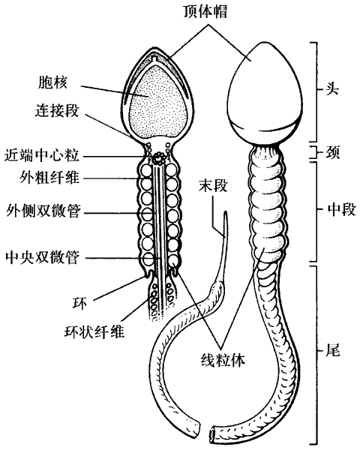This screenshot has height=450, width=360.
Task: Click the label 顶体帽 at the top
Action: pyautogui.click(x=205, y=11)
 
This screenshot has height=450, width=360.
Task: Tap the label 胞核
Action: pyautogui.click(x=52, y=82)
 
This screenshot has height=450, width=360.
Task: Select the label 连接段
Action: pyautogui.click(x=57, y=110)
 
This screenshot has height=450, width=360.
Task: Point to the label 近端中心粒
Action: pyautogui.click(x=42, y=156)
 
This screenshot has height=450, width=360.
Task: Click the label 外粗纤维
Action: pyautogui.click(x=49, y=177)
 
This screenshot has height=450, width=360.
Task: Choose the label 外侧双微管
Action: pyautogui.click(x=43, y=211)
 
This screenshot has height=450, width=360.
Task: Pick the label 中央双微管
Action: pyautogui.click(x=42, y=257)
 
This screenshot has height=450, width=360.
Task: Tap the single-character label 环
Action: pyautogui.click(x=79, y=303)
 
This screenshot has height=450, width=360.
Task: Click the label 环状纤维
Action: pyautogui.click(x=94, y=331)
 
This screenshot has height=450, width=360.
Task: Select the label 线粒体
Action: pyautogui.click(x=223, y=359)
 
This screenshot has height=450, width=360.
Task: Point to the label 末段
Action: pyautogui.click(x=213, y=185)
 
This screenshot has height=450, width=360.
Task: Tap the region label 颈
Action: pyautogui.click(x=332, y=152)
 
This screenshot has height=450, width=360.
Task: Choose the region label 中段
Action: pyautogui.click(x=342, y=210)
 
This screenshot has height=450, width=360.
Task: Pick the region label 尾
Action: pyautogui.click(x=332, y=349)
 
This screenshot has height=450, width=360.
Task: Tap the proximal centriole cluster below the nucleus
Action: pyautogui.click(x=157, y=158)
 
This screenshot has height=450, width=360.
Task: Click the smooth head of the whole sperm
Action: pyautogui.click(x=265, y=91)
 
